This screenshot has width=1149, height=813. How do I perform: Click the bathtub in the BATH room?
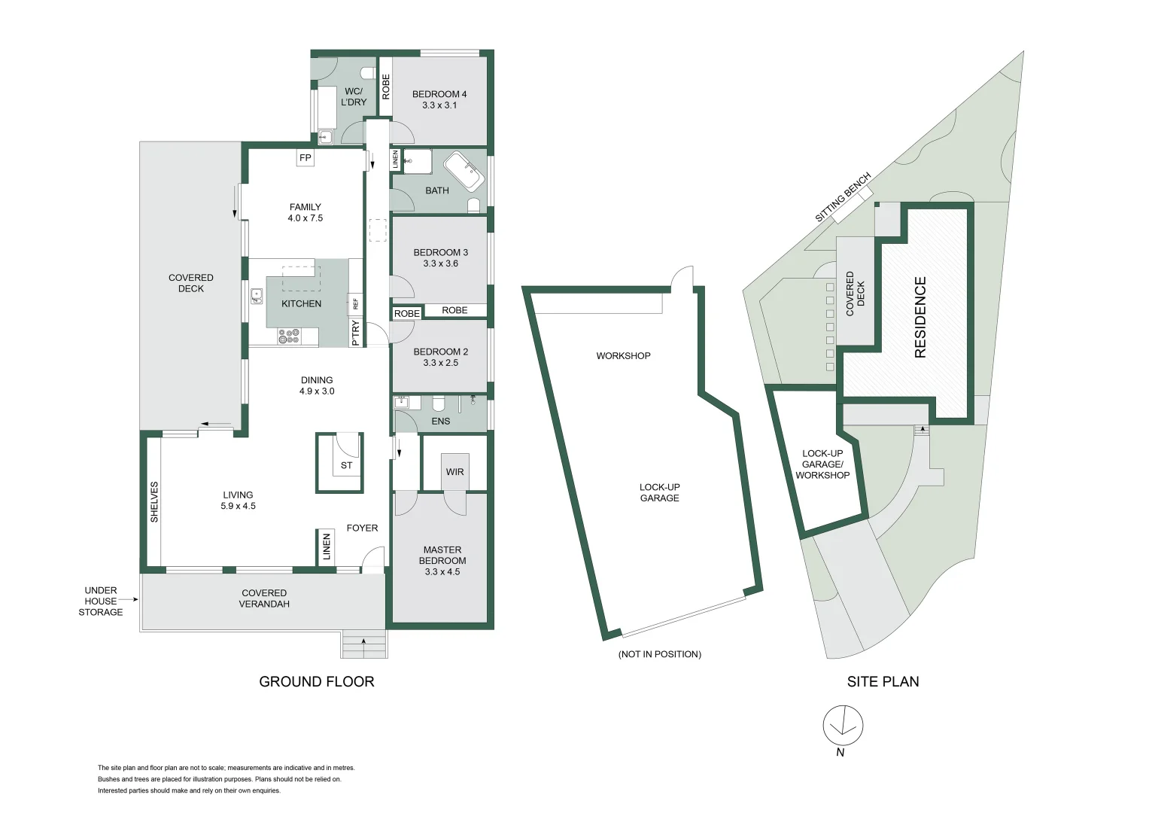464,172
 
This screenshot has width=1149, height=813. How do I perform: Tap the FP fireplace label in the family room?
305,158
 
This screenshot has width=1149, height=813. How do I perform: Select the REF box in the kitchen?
355,303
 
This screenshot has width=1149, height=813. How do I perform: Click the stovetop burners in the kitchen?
289,336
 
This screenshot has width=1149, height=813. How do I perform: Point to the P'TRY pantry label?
355,333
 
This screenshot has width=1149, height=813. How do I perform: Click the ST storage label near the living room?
346,465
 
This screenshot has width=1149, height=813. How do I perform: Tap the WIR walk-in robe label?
454,472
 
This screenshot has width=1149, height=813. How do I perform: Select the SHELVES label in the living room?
154,502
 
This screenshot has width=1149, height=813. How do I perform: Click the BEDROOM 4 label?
439,99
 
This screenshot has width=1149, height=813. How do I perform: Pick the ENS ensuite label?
440,422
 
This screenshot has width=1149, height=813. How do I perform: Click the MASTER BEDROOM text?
442,561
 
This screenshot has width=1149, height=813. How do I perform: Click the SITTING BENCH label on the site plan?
843,197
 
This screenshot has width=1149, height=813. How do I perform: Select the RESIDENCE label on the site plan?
920,317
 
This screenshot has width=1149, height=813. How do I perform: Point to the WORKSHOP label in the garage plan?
623,355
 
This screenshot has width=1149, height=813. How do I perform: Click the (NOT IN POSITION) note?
659,654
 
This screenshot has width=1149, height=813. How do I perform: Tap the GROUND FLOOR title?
316,682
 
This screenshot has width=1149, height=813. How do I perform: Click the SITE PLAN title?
883,682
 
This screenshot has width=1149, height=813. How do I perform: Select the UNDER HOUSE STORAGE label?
101,601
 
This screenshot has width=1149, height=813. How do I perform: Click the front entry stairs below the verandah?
364,645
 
